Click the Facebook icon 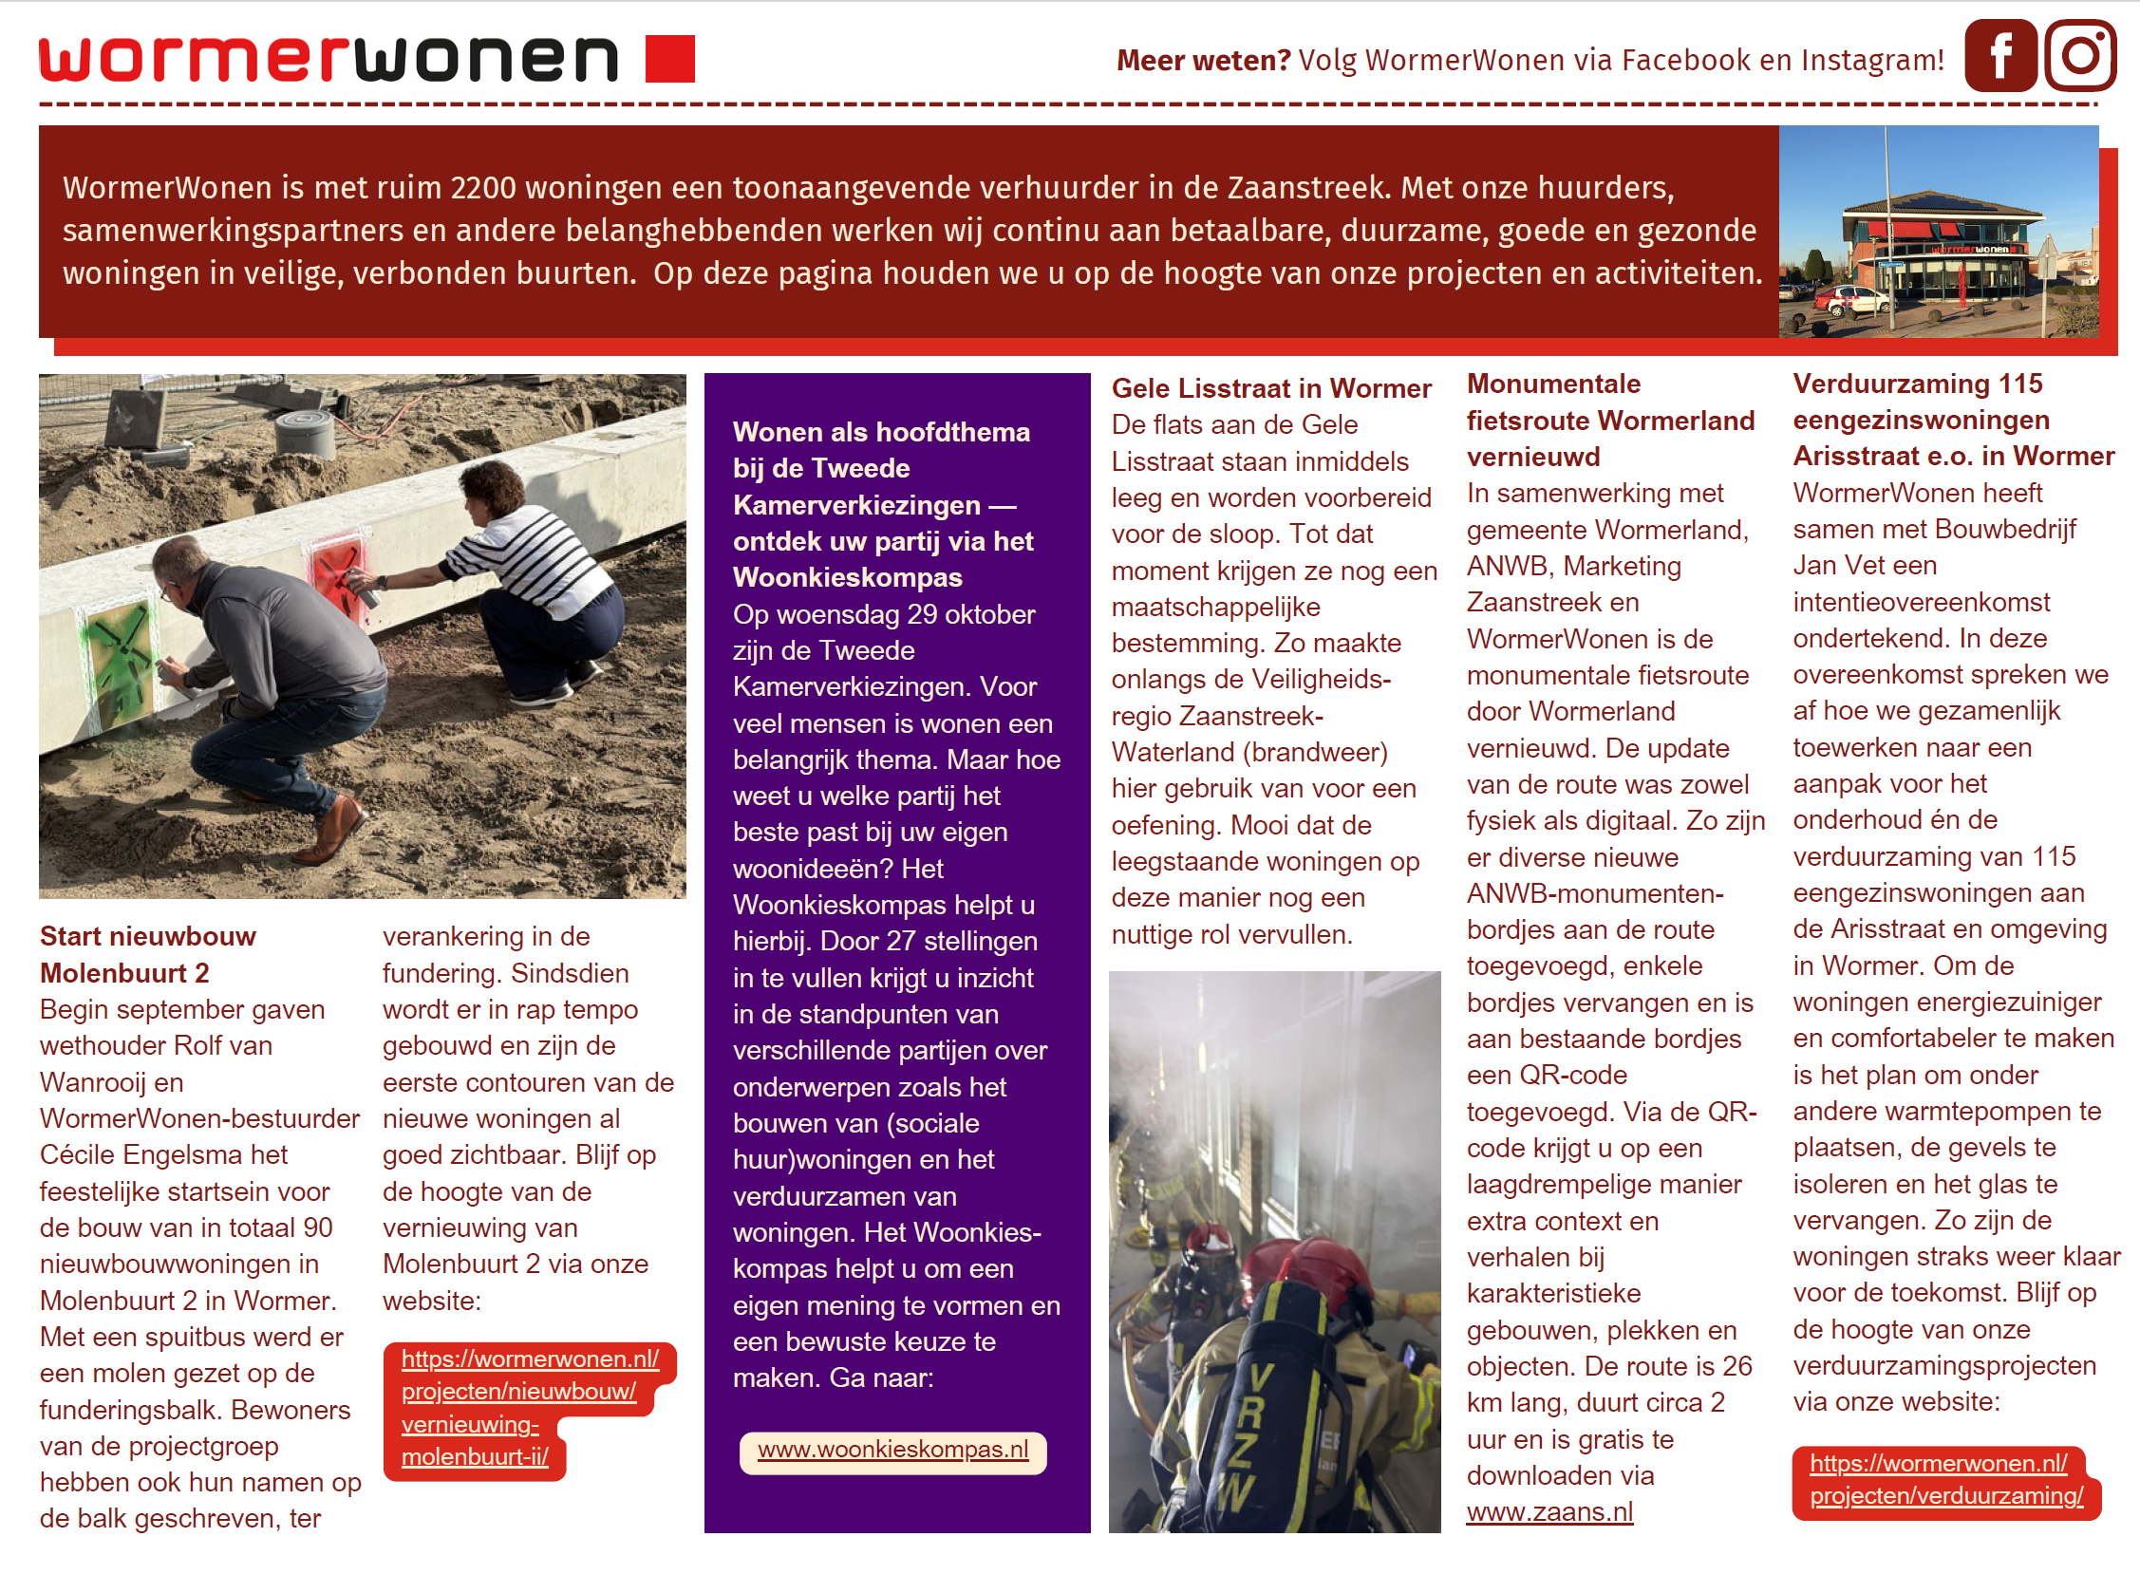point(1999,56)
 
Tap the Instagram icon point(2080,56)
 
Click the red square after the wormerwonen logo point(670,59)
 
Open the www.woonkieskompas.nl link point(892,1451)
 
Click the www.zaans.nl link point(1549,1513)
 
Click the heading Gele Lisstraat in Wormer point(1271,388)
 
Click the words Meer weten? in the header point(1203,61)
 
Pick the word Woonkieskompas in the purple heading point(847,578)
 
